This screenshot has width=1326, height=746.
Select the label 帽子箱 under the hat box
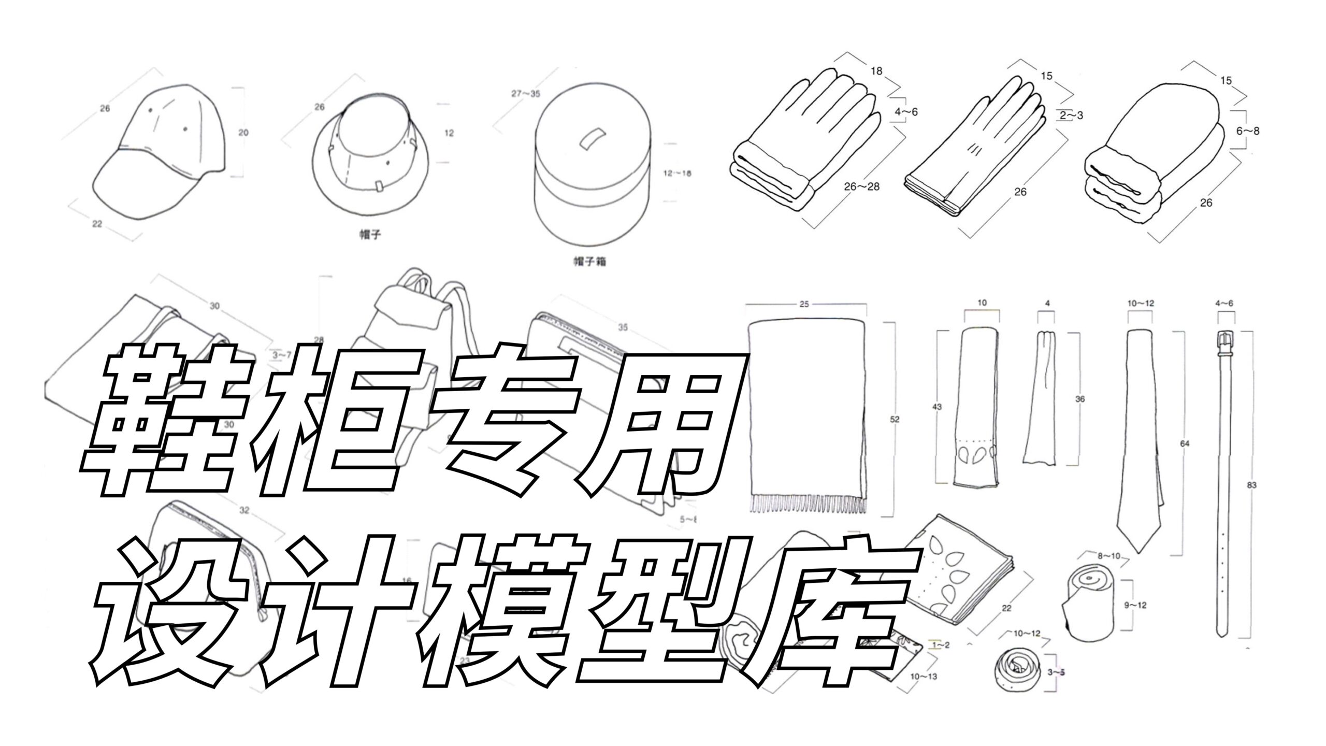[x=589, y=262]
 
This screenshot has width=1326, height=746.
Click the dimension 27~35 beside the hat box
[x=525, y=94]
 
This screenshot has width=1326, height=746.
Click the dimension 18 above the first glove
[x=876, y=71]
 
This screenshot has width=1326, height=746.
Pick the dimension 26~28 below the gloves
[x=861, y=187]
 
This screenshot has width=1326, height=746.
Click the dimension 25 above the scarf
[x=804, y=304]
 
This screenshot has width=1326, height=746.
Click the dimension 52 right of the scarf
[x=895, y=419]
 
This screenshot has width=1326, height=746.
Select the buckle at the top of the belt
[x=1224, y=342]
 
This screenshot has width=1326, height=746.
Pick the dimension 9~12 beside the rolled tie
[x=1135, y=605]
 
